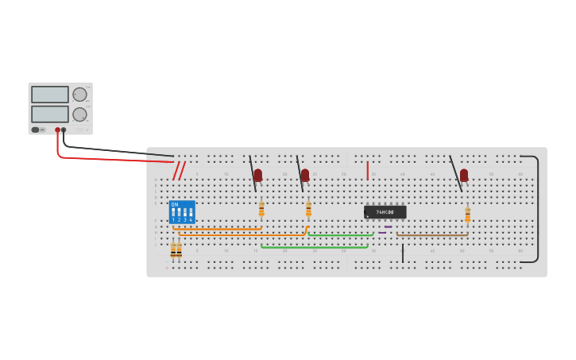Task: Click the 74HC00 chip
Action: [x=385, y=212]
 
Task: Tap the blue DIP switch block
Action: [x=182, y=212]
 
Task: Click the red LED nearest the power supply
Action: [x=258, y=175]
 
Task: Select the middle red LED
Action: [x=305, y=175]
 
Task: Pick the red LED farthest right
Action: [x=464, y=175]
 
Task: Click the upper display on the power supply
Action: [x=50, y=94]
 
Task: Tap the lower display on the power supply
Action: [x=50, y=114]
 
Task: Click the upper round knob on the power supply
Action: [x=79, y=95]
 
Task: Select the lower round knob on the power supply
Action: [x=79, y=114]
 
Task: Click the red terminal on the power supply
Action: [x=57, y=130]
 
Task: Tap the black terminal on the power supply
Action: [x=64, y=130]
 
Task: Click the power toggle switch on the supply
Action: [x=36, y=130]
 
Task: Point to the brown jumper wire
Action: [x=432, y=234]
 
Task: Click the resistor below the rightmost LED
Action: [x=467, y=215]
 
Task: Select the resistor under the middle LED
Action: [x=308, y=209]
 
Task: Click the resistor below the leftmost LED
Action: [x=261, y=209]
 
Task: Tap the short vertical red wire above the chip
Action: [x=367, y=170]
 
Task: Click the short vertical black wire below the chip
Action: [x=403, y=254]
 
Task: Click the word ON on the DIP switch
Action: [x=175, y=204]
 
